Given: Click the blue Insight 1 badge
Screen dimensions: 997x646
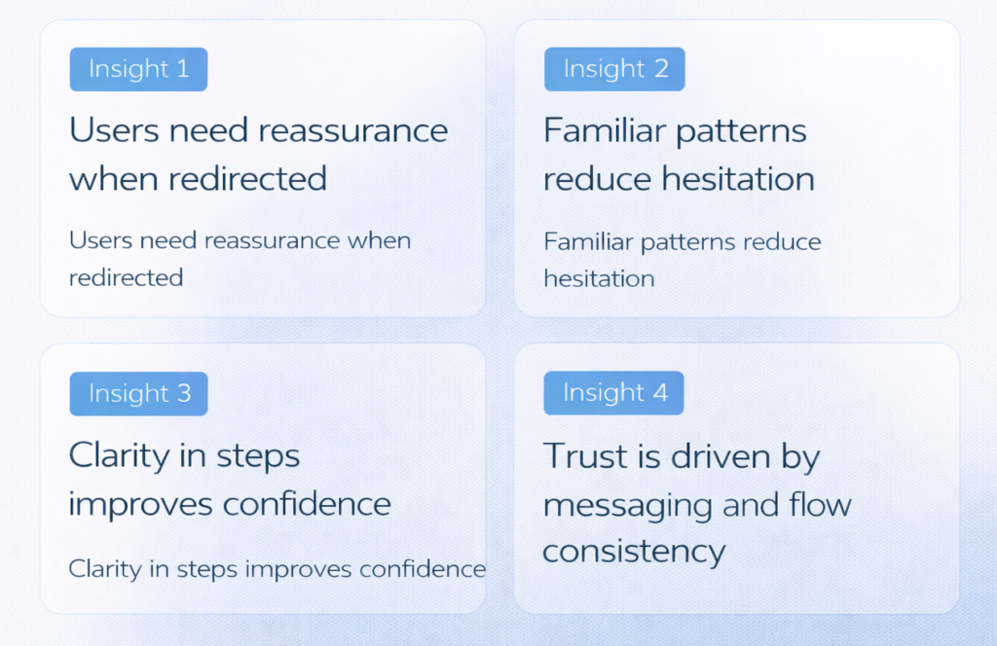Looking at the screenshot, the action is click(x=138, y=69).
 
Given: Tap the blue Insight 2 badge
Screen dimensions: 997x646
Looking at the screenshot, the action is click(x=614, y=69).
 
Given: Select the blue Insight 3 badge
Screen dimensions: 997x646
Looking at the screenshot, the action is click(x=138, y=394).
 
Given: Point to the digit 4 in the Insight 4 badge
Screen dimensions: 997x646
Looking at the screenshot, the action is click(x=660, y=392).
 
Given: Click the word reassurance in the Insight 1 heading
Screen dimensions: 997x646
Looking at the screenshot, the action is click(x=352, y=130).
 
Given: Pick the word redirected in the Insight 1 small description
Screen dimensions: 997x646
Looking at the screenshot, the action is click(x=126, y=277).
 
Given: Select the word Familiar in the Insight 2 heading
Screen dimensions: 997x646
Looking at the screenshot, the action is click(x=605, y=130).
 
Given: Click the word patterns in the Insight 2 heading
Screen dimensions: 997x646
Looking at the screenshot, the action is click(x=741, y=132).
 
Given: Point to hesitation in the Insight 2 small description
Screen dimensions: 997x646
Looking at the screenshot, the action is click(x=599, y=279).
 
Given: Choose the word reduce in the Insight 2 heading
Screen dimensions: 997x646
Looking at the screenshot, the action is click(x=598, y=179).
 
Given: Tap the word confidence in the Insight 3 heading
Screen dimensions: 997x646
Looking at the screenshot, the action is click(x=307, y=504).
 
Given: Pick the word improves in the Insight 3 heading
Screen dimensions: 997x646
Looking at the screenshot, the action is click(x=140, y=506).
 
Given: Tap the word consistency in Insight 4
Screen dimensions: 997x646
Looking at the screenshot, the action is click(x=634, y=553).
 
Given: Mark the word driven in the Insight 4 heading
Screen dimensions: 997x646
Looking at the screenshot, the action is click(x=721, y=456).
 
